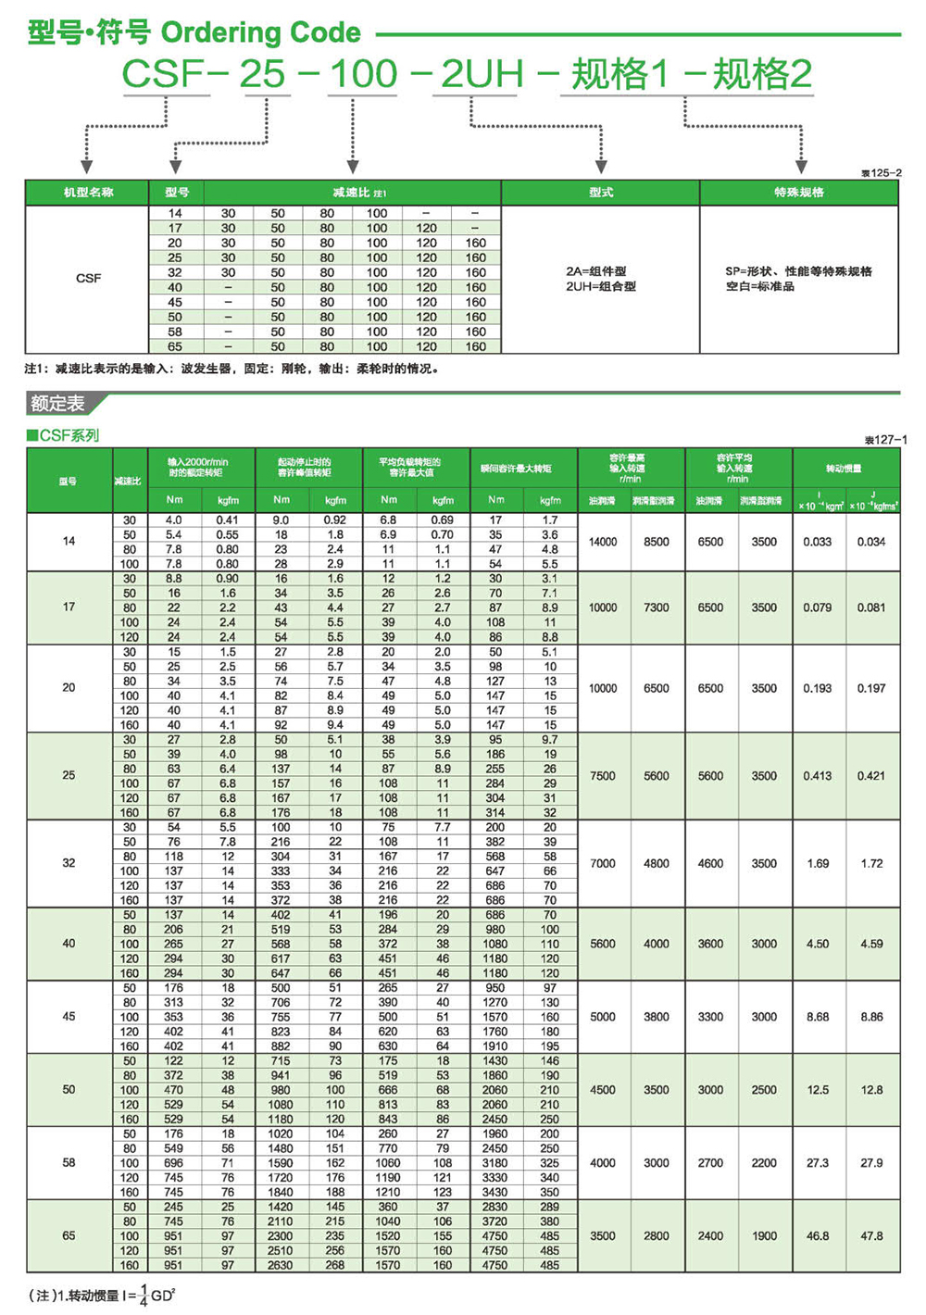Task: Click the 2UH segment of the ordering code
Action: coord(482,74)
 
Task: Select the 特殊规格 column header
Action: coord(798,193)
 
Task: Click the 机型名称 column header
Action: coord(88,193)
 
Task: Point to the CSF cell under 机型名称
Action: coord(88,278)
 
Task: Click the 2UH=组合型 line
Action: coord(601,286)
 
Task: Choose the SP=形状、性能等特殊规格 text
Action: coord(798,271)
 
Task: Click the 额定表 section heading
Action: coord(57,404)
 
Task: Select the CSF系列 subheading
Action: coord(63,435)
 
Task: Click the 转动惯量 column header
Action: coord(844,469)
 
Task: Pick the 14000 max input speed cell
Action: coord(603,542)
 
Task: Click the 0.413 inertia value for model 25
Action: coord(817,776)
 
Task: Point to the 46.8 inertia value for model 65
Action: coord(817,1235)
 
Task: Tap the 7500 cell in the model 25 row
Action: coord(603,776)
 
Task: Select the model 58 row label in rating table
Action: coord(69,1162)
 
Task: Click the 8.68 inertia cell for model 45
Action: coord(817,1017)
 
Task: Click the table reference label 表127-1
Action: coord(885,440)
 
